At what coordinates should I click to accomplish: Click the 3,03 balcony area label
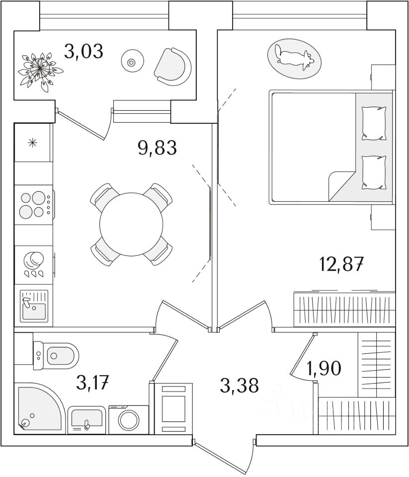point(83,51)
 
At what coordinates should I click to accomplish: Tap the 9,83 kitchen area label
point(158,148)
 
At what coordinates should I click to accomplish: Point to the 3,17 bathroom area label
point(92,383)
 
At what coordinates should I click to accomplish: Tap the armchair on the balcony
point(173,66)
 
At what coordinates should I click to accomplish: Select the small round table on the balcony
point(132,62)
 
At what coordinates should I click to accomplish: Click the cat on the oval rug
point(294,56)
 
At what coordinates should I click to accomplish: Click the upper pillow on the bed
point(373,123)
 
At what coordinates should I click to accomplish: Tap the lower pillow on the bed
point(373,172)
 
